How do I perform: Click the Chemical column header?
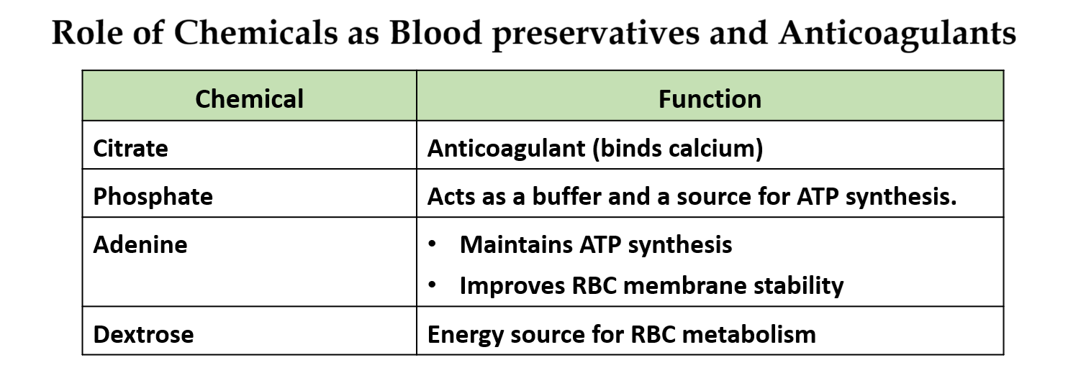click(249, 98)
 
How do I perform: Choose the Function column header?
click(710, 98)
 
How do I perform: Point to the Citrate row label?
click(130, 148)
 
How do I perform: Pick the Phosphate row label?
click(153, 196)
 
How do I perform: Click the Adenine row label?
click(140, 244)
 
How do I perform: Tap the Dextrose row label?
click(143, 334)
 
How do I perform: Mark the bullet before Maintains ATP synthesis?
click(432, 244)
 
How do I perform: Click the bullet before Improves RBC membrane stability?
click(432, 285)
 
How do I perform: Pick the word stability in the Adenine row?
click(798, 285)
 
